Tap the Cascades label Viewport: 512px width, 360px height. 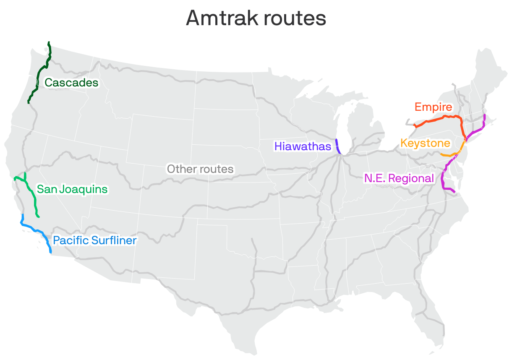[x=71, y=83]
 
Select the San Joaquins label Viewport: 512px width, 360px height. [x=72, y=189]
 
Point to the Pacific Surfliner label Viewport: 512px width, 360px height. [x=95, y=240]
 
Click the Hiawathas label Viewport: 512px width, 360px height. [x=303, y=146]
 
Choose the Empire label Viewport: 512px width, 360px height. [x=433, y=107]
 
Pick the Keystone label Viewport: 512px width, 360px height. [x=425, y=143]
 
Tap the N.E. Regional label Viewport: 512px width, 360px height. [x=399, y=178]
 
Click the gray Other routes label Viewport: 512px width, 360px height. [x=200, y=169]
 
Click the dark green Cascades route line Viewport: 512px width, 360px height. [x=40, y=71]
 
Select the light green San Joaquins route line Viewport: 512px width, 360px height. [x=33, y=197]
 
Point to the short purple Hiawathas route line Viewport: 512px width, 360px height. [x=337, y=146]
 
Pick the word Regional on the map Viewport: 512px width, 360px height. [x=411, y=178]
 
